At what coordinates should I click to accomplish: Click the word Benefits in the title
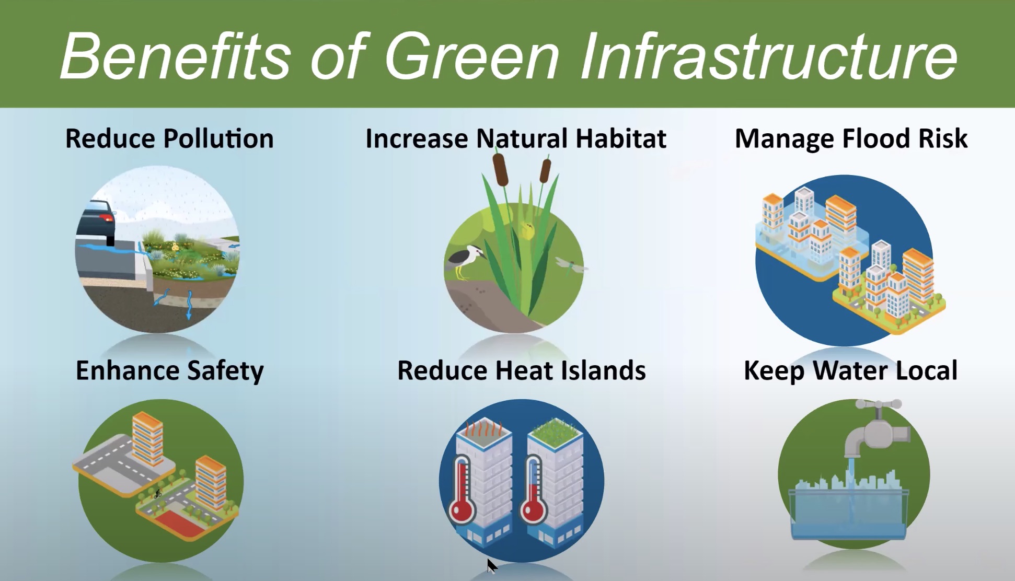click(175, 56)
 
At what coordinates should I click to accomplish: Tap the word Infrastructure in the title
click(768, 56)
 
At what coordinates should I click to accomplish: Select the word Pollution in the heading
click(218, 138)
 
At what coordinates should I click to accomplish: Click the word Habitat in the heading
click(620, 138)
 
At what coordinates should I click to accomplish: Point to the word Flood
click(875, 138)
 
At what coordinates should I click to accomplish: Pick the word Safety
click(225, 371)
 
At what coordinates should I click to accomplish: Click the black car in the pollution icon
click(97, 223)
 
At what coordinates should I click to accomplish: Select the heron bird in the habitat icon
click(465, 261)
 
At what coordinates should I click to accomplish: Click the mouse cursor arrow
click(491, 566)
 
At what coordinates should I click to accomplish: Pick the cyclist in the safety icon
click(158, 492)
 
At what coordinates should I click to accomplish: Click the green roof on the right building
click(555, 432)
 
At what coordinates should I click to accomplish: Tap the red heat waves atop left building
click(484, 428)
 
